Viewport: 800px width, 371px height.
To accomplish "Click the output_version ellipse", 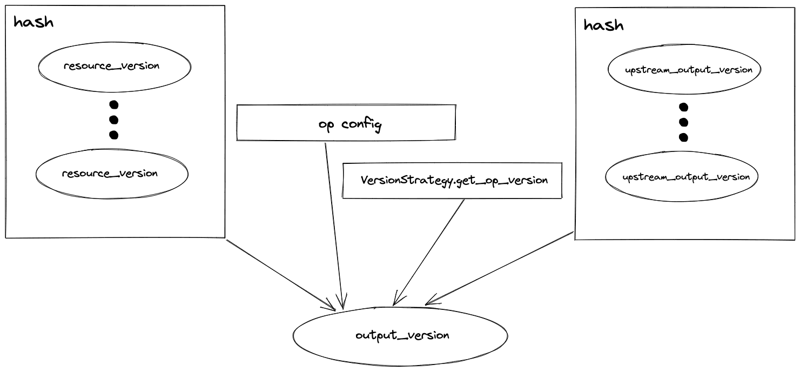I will click(400, 336).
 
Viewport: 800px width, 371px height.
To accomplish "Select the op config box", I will click(346, 123).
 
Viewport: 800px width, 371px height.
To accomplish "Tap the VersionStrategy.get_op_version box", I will click(452, 181).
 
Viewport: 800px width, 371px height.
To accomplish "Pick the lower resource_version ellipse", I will click(112, 174).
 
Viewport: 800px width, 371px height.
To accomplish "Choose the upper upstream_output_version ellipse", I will click(684, 70).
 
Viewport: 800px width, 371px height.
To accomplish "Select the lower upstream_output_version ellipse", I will click(682, 177).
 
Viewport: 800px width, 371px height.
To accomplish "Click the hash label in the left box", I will click(33, 23).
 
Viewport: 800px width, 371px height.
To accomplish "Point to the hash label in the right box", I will click(604, 25).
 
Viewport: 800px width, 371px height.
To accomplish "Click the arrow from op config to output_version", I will click(333, 222).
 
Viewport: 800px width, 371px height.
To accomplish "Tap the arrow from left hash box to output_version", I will click(281, 275).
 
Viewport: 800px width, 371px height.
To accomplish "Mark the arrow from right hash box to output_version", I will click(500, 267).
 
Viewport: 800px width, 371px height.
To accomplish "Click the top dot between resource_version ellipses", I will click(113, 104).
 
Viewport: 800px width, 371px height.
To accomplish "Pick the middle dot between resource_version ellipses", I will click(113, 120).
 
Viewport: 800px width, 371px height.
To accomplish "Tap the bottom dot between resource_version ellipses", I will click(113, 135).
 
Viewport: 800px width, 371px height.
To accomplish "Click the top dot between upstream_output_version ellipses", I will click(683, 107).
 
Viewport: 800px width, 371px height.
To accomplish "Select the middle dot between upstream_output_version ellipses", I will click(683, 122).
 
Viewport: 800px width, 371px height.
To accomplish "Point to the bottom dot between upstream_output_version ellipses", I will click(683, 137).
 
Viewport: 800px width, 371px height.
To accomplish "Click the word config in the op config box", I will click(362, 125).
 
